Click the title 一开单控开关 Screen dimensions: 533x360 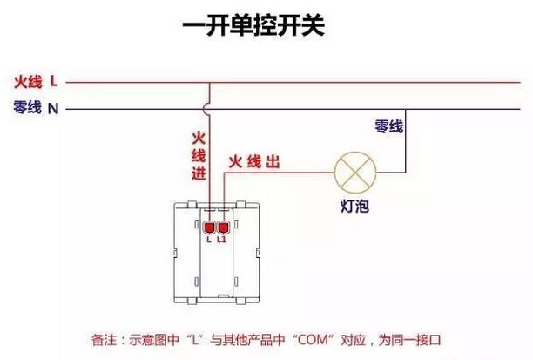coord(254,27)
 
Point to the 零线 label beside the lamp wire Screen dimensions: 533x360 coord(389,127)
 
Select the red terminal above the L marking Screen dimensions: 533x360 coord(210,227)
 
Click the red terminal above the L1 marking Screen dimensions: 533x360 coord(223,227)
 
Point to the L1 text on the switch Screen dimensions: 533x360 coord(223,238)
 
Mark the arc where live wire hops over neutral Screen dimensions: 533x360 coord(210,109)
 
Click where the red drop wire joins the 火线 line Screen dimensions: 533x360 coord(210,83)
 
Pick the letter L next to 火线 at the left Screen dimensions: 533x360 coord(54,82)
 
